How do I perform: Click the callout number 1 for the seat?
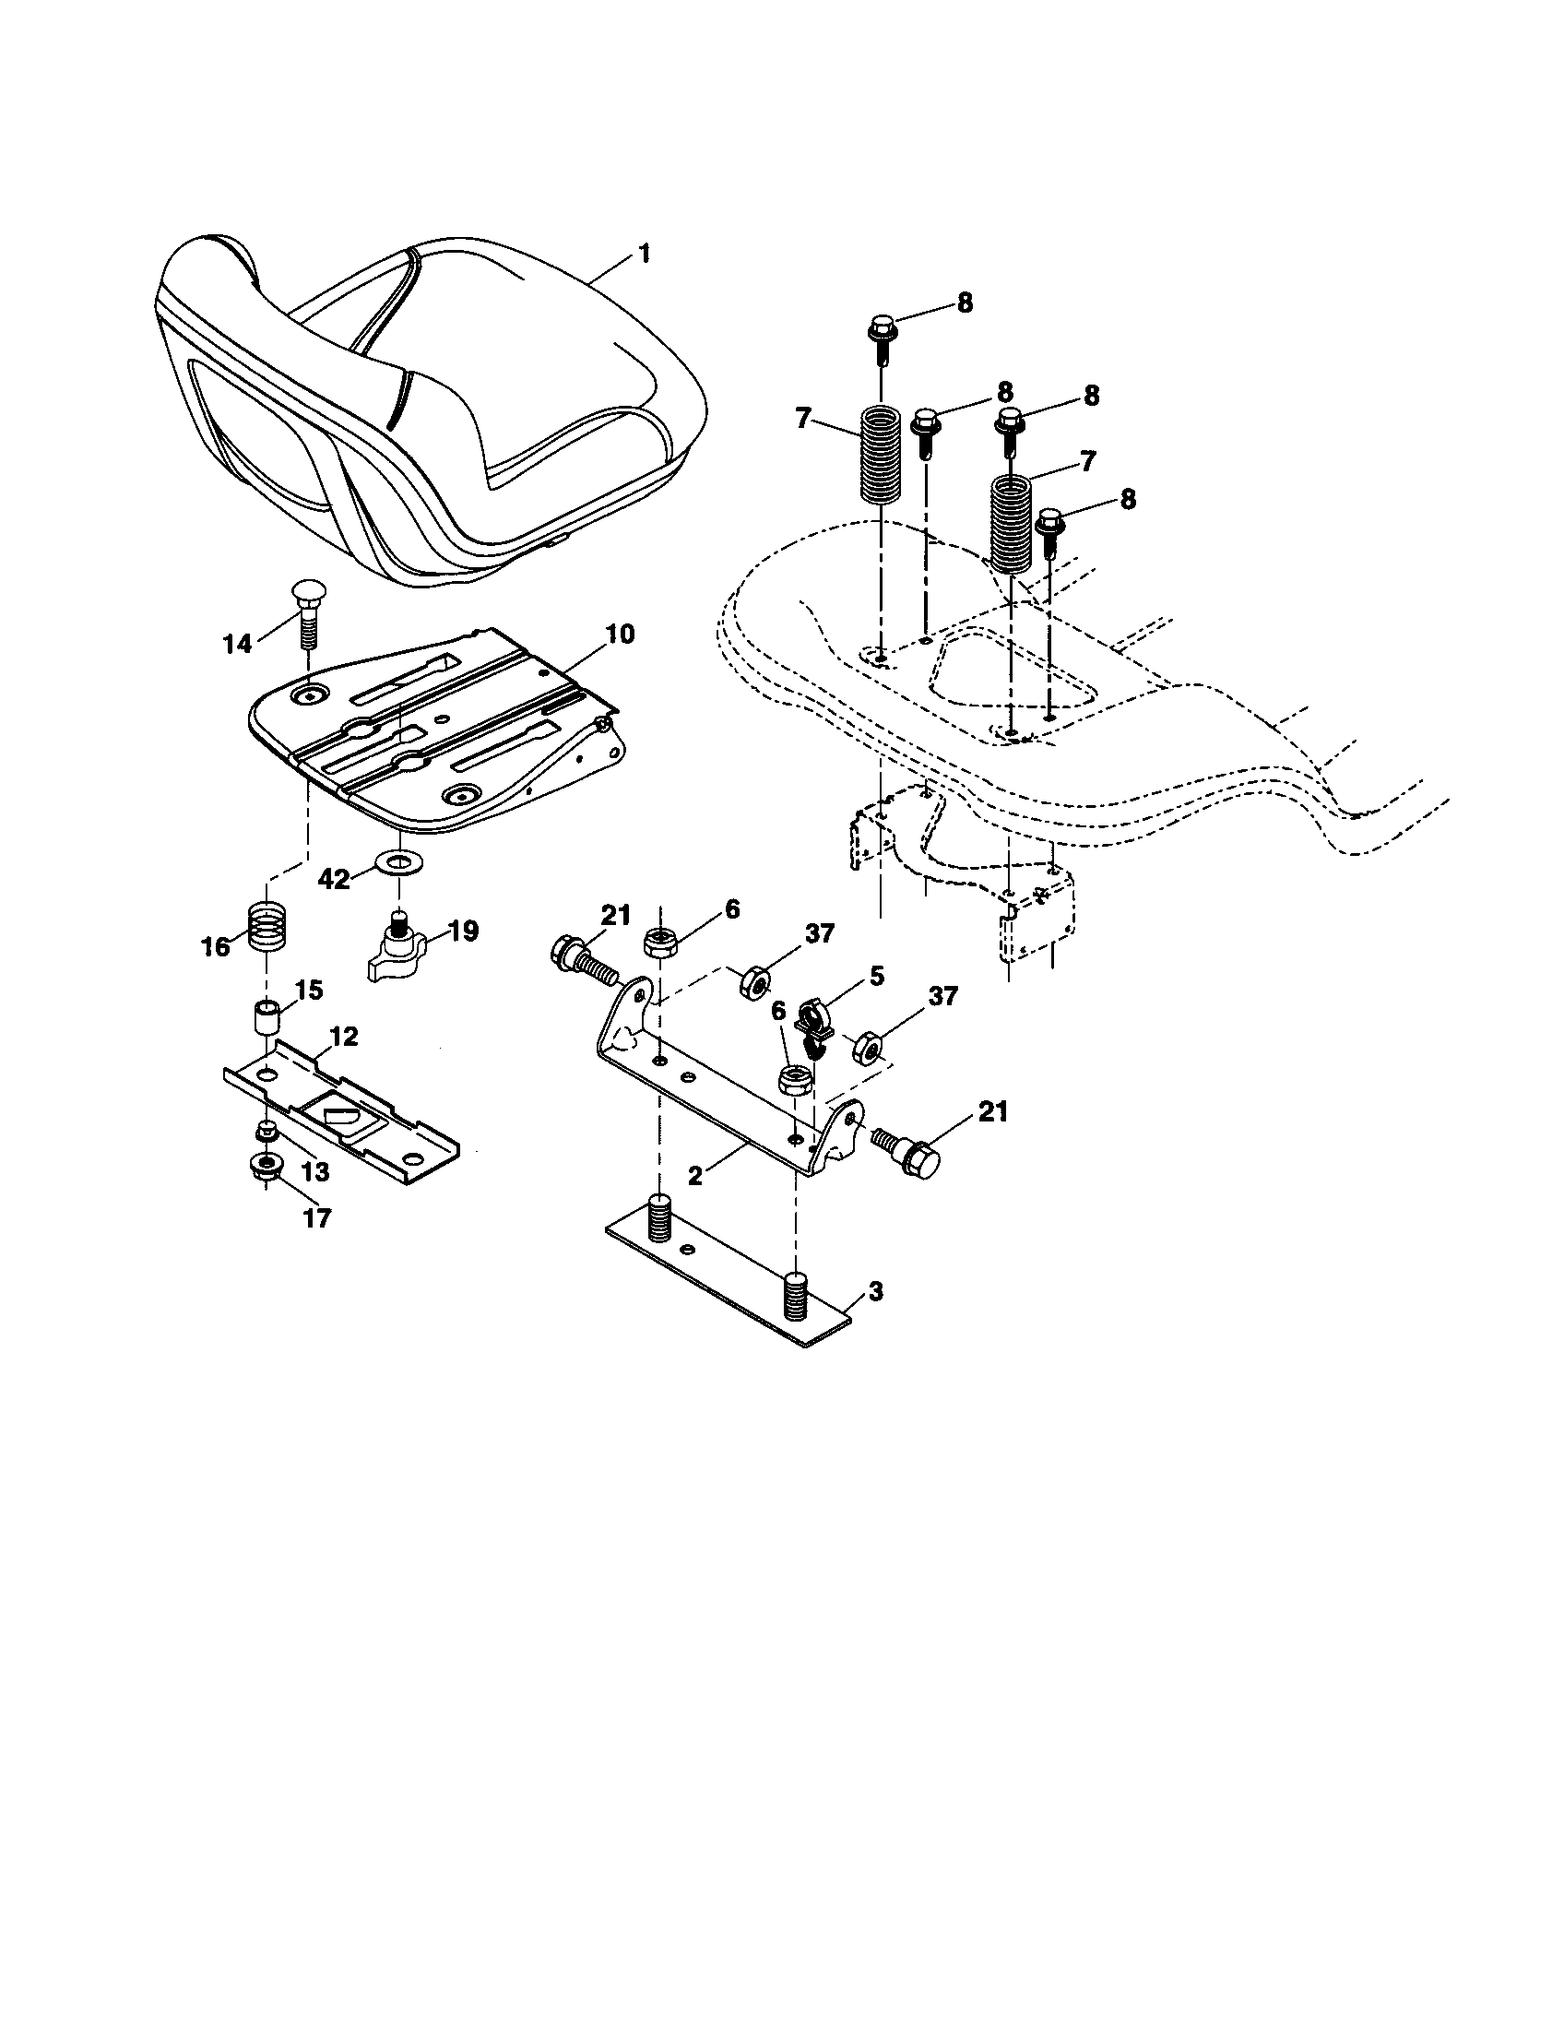click(645, 254)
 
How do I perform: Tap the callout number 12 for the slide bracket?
click(344, 1037)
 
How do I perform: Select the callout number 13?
click(315, 1172)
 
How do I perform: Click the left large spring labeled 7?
click(878, 456)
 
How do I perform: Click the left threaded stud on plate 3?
click(658, 1217)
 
